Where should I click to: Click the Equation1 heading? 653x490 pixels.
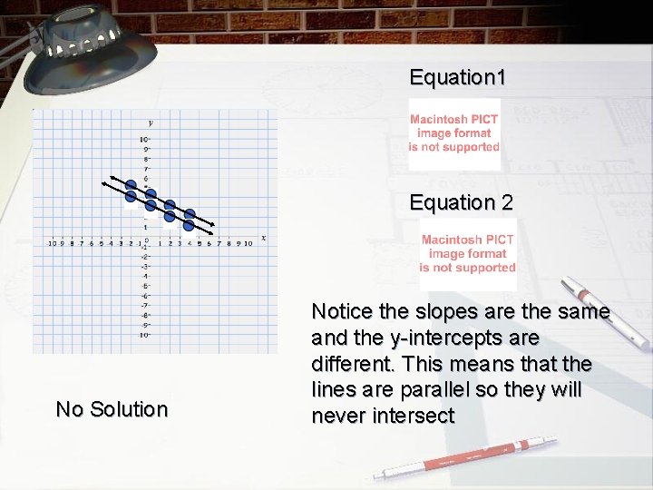[457, 78]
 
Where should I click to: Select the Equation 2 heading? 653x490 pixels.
[461, 203]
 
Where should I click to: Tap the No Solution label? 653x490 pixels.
[112, 410]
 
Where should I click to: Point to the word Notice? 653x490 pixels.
[342, 312]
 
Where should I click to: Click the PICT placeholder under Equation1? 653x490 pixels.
[453, 133]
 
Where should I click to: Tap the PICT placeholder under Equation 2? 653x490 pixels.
[468, 253]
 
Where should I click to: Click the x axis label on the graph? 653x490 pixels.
[263, 238]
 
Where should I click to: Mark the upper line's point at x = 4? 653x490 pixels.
[190, 215]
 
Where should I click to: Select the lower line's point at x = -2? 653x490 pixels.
[131, 196]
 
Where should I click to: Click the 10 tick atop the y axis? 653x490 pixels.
[143, 140]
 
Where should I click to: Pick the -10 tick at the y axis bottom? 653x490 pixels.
[143, 336]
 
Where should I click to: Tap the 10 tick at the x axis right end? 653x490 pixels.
[249, 243]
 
